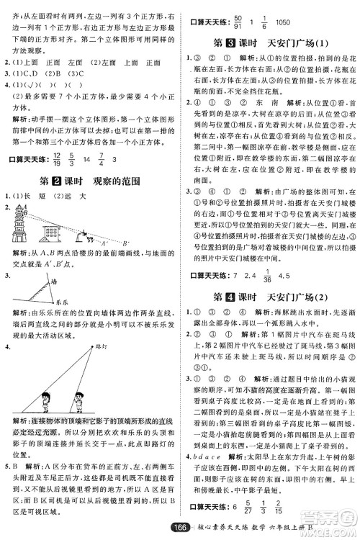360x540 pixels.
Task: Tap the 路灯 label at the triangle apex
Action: click(95, 346)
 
